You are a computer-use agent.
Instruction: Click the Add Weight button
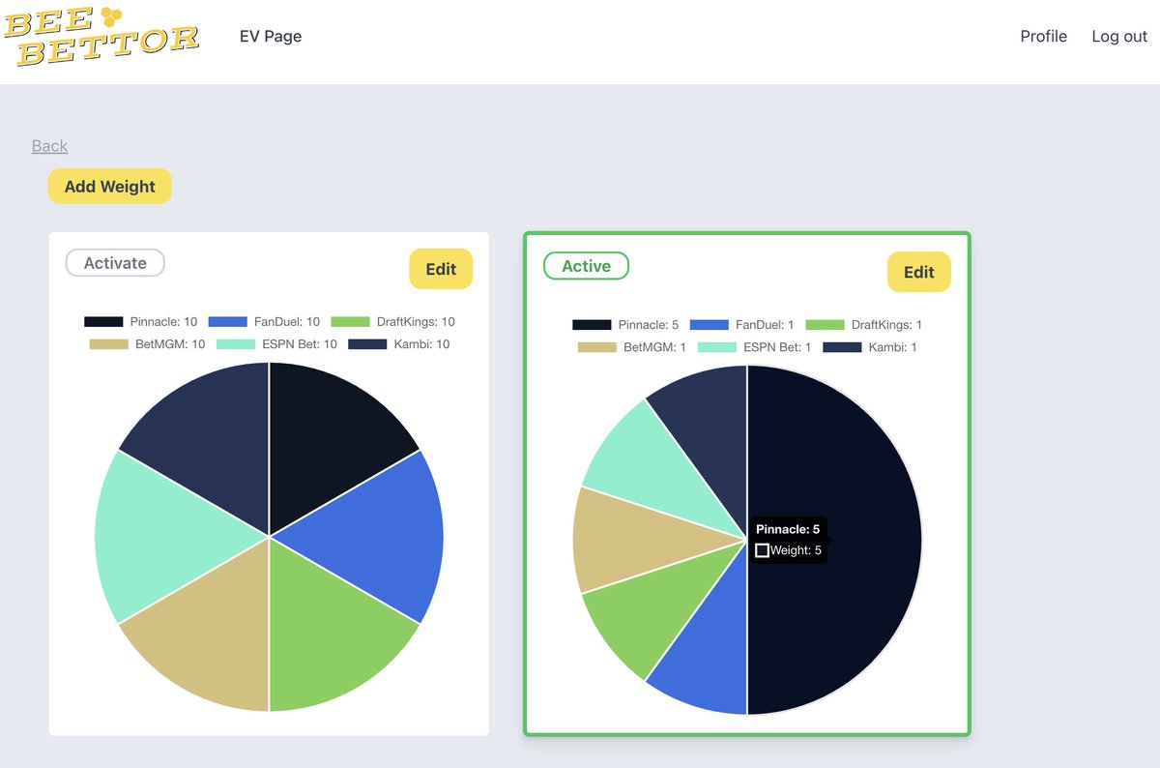pyautogui.click(x=110, y=186)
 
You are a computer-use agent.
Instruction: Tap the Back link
pyautogui.click(x=49, y=146)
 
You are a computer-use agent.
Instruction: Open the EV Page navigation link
pyautogui.click(x=271, y=37)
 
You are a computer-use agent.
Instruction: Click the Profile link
pyautogui.click(x=1043, y=37)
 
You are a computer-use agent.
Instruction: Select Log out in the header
pyautogui.click(x=1119, y=37)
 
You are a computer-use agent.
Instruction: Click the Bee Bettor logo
pyautogui.click(x=101, y=37)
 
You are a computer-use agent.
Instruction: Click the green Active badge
pyautogui.click(x=586, y=266)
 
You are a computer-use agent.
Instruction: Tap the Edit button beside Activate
pyautogui.click(x=441, y=269)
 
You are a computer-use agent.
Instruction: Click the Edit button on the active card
pyautogui.click(x=919, y=272)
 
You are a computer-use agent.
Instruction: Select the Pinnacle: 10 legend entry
pyautogui.click(x=141, y=322)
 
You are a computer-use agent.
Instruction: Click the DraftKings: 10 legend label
pyautogui.click(x=393, y=322)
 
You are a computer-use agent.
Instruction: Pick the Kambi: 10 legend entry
pyautogui.click(x=398, y=344)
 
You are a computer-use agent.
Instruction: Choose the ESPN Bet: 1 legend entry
pyautogui.click(x=755, y=347)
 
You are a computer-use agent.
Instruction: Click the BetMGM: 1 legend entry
pyautogui.click(x=632, y=347)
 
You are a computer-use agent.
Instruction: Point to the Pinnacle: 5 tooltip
pyautogui.click(x=788, y=540)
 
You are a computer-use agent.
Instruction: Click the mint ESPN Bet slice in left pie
pyautogui.click(x=165, y=537)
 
